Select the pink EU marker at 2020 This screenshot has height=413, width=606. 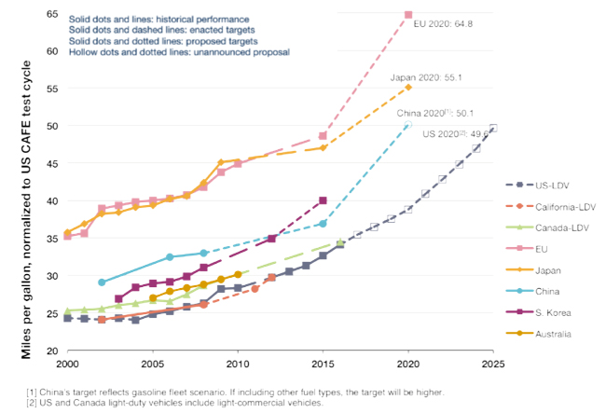tap(408, 15)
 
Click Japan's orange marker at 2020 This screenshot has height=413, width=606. tap(408, 87)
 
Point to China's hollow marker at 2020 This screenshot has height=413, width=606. tap(407, 125)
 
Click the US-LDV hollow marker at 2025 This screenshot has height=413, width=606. tap(493, 128)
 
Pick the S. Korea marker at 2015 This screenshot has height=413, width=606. tap(323, 200)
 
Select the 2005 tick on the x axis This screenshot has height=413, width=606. tap(152, 362)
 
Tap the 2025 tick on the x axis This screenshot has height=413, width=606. tap(492, 362)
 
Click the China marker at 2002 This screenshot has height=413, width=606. tap(101, 282)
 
